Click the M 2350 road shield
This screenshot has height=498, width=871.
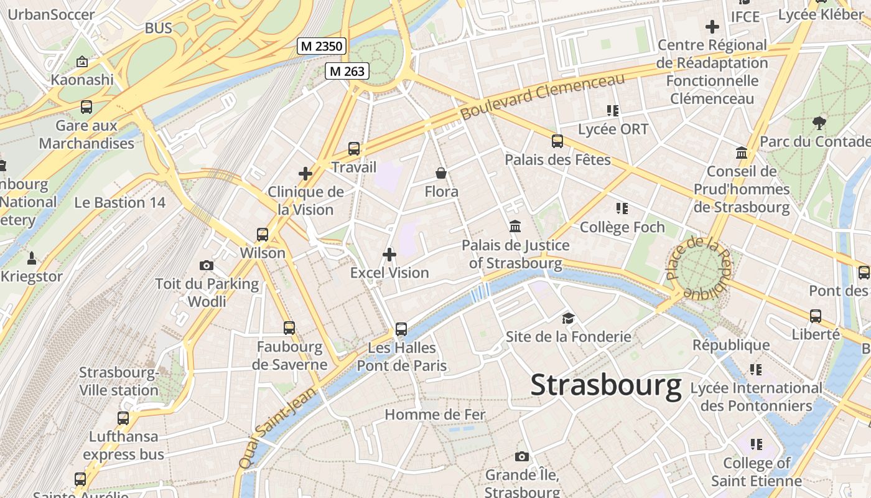[x=321, y=45]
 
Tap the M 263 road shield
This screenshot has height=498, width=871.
[x=347, y=71]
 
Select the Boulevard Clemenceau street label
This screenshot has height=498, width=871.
[x=542, y=97]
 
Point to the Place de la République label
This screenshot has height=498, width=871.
[x=699, y=268]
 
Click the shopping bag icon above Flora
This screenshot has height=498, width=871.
[x=441, y=173]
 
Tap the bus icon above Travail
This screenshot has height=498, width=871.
[x=354, y=148]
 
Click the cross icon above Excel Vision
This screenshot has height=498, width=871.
[x=389, y=254]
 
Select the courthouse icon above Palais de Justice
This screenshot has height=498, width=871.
[x=515, y=227]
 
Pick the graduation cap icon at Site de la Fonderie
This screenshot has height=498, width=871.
[x=568, y=319]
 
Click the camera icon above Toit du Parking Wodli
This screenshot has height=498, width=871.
[x=207, y=266]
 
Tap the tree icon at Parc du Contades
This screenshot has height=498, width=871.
[x=819, y=123]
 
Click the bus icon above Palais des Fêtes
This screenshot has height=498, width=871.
[x=557, y=141]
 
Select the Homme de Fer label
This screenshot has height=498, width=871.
[x=435, y=415]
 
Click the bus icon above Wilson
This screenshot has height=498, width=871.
[x=263, y=235]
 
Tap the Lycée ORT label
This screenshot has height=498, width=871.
[x=613, y=129]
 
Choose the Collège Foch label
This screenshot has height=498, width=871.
[x=622, y=227]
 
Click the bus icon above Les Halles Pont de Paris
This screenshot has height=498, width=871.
[x=401, y=329]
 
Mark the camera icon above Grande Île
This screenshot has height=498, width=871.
[x=522, y=456]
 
